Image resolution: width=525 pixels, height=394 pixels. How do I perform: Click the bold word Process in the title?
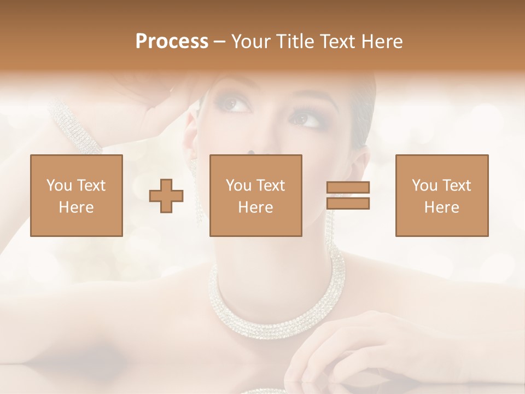coord(172,42)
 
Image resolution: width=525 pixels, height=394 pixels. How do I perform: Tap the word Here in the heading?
coord(380,42)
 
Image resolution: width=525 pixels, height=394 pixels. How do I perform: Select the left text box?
coord(77,195)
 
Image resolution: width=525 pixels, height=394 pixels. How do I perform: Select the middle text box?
coord(256,195)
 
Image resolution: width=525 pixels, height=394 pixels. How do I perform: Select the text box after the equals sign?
coord(442,195)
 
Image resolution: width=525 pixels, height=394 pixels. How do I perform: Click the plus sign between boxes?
coord(166,195)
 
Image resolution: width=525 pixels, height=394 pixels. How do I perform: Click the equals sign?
coord(348,195)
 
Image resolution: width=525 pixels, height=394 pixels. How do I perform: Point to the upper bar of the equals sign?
coord(348,188)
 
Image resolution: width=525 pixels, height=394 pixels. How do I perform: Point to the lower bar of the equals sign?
coord(348,203)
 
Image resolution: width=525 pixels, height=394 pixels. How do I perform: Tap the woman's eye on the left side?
coord(235,103)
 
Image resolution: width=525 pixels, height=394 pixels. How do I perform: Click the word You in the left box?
coord(59,186)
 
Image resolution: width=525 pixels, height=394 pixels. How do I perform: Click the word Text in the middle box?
coord(271,186)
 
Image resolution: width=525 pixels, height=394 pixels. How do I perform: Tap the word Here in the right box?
coord(442,207)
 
